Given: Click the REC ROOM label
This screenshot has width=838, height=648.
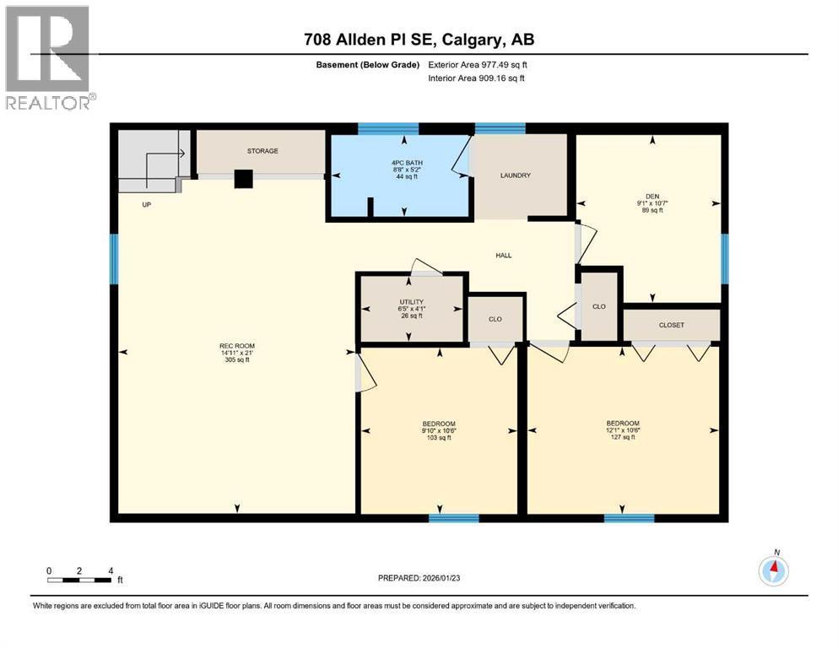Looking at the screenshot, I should [236, 346].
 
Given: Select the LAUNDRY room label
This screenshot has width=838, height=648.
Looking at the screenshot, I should [515, 175].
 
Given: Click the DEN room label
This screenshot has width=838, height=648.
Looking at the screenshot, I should [651, 197].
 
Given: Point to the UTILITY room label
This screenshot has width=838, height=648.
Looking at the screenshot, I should [410, 302].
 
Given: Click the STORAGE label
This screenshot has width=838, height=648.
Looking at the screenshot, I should [262, 151].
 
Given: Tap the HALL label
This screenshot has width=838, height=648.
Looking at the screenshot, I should [503, 256].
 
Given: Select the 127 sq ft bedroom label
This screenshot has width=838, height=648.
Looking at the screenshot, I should [623, 424].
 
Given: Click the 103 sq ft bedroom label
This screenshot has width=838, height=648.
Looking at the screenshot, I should [439, 424].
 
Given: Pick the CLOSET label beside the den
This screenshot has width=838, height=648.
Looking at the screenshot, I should [672, 325].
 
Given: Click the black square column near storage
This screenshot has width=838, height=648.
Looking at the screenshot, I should [243, 178].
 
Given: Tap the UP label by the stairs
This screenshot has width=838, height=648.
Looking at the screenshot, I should [146, 204].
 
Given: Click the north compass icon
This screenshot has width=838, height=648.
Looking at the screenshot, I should [773, 570].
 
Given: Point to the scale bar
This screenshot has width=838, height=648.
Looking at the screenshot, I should [80, 580].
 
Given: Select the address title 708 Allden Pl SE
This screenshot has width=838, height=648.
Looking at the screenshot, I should [419, 40].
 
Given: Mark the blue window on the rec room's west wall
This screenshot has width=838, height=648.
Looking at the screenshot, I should [114, 259].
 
